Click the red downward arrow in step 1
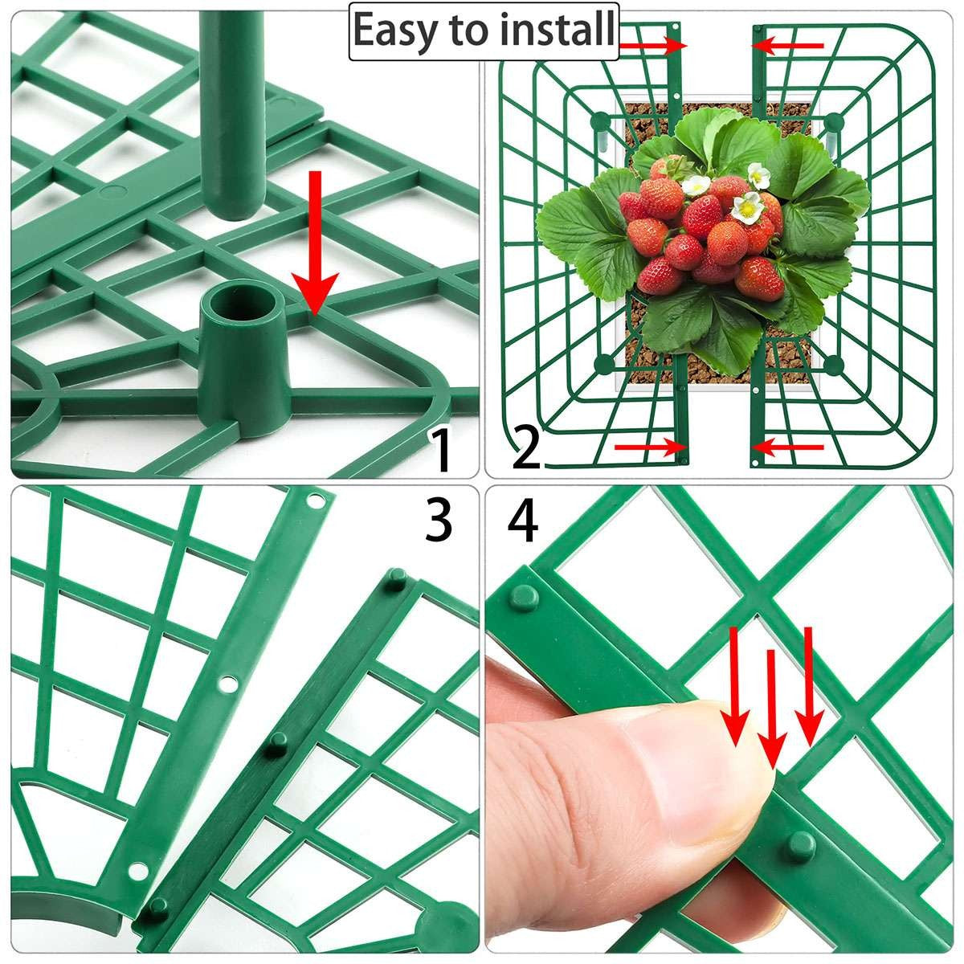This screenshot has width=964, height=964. tap(315, 243)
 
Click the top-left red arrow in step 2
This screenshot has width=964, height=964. tap(653, 46)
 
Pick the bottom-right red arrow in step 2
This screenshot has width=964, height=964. tap(787, 447)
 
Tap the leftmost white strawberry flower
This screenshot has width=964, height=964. tap(696, 186)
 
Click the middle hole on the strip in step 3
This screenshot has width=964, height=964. tap(227, 682)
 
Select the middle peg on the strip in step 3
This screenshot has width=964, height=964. tap(276, 745)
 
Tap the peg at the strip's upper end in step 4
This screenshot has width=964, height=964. tap(525, 596)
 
